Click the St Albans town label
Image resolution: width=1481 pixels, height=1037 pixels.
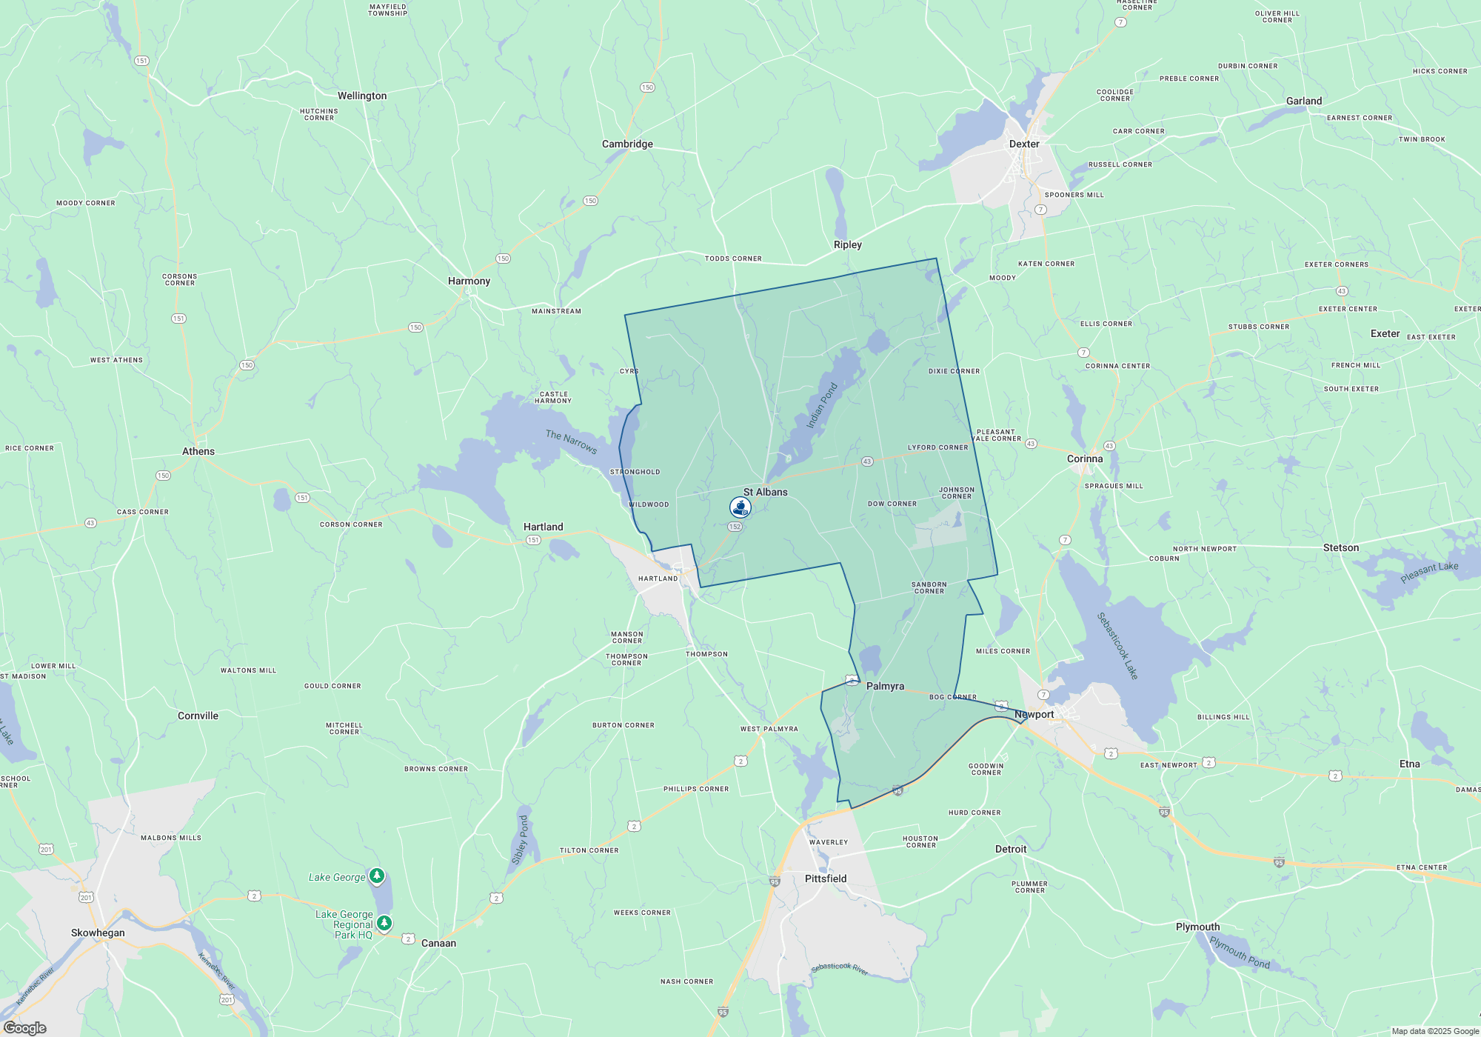765,492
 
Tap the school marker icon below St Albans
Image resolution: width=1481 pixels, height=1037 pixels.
740,507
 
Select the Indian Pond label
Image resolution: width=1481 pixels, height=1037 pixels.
821,405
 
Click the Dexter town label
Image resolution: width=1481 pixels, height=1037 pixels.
1024,144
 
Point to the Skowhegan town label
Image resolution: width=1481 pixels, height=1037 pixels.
98,933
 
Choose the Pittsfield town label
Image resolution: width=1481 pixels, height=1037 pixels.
826,878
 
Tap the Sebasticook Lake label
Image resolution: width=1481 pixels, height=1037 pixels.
1117,646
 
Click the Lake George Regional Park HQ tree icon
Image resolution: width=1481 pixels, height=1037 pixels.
384,923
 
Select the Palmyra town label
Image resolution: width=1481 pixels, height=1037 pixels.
885,686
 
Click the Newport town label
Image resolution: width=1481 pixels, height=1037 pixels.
1034,714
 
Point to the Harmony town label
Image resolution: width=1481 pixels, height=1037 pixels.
469,281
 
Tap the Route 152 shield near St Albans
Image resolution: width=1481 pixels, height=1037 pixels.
735,527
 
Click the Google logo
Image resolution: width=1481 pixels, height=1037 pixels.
25,1028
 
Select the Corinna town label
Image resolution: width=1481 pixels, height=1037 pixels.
1085,459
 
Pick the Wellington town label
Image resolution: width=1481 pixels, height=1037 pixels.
362,96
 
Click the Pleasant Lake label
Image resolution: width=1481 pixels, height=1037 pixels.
1429,573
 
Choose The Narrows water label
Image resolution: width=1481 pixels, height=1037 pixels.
571,441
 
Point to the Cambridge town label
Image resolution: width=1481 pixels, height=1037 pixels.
627,144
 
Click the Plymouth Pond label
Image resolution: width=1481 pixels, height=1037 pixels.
1240,952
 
